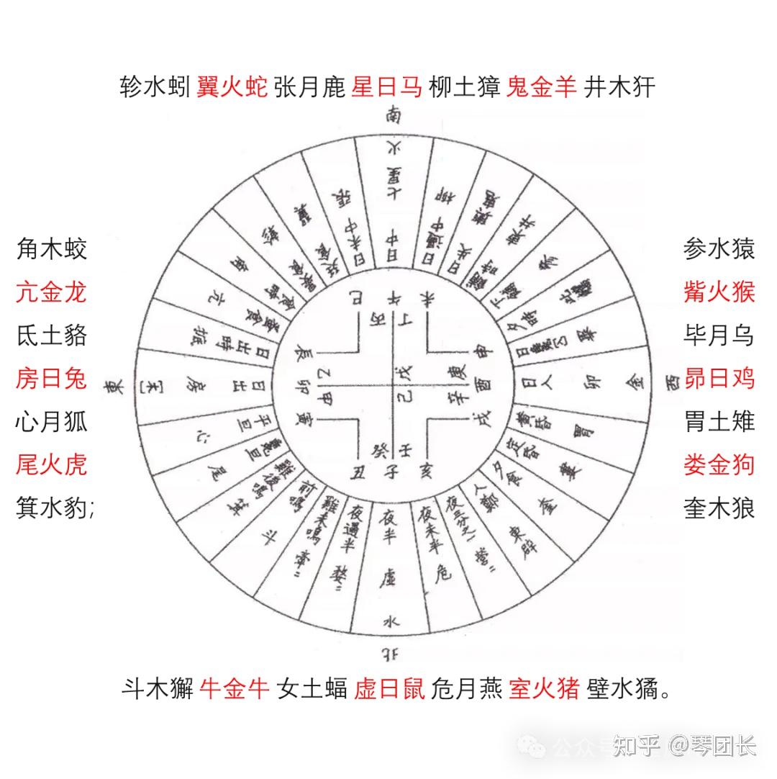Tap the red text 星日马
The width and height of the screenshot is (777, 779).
coord(386,88)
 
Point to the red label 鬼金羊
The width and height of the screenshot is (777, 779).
coord(542,88)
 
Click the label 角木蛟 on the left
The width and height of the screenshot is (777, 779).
coord(51,249)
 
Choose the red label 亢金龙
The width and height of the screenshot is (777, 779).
coord(51,292)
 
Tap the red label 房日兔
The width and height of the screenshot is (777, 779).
coord(51,378)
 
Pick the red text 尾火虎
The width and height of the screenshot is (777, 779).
coord(51,464)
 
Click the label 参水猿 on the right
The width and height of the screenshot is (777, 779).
coord(719,249)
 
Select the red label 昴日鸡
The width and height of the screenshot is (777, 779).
coord(719,378)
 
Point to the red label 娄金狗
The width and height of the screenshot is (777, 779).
coord(719,464)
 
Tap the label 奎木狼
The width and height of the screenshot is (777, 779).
coord(719,508)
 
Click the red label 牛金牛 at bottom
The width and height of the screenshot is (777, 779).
coord(235,689)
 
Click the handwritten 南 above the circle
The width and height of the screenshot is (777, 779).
coord(394,115)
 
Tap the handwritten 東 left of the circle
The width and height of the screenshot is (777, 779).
coord(113,387)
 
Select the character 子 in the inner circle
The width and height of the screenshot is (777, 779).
coord(391,472)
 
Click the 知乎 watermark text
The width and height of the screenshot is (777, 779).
coord(636,746)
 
